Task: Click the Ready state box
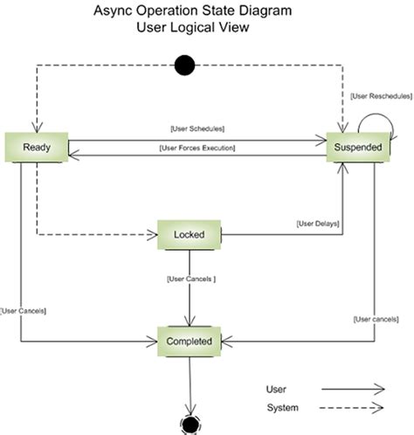(x=37, y=148)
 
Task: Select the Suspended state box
(x=357, y=148)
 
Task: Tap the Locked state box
(x=189, y=235)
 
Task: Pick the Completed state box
(x=189, y=341)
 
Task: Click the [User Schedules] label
(x=198, y=128)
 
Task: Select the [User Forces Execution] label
(x=198, y=148)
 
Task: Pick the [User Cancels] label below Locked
(x=190, y=280)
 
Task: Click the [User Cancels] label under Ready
(x=24, y=310)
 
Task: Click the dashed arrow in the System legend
(x=353, y=408)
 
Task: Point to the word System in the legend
(x=282, y=408)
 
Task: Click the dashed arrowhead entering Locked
(x=151, y=235)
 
